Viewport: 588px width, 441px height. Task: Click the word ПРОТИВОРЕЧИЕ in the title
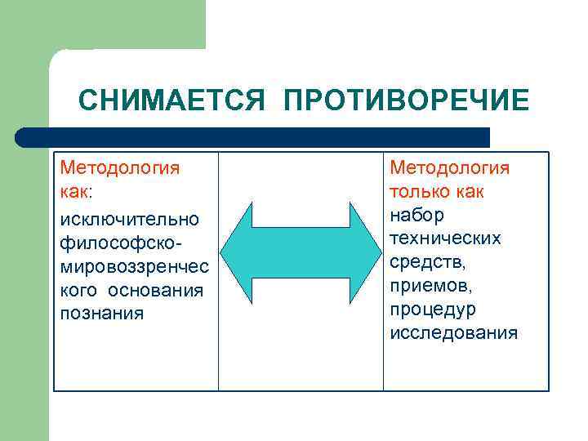coord(407,101)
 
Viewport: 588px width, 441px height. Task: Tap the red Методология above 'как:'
coord(120,168)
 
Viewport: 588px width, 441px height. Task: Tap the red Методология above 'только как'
coord(450,168)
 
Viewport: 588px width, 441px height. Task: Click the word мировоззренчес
coord(134,267)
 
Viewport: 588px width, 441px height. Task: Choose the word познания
coord(102,314)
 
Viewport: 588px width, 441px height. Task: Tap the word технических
coord(445,238)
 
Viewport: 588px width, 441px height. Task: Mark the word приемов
coord(430,286)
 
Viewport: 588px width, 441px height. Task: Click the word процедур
coord(433,310)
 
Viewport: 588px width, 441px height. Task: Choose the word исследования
coord(453,333)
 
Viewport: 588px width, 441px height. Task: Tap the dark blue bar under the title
coord(253,137)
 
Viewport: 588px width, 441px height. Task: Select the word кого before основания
coord(78,290)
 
